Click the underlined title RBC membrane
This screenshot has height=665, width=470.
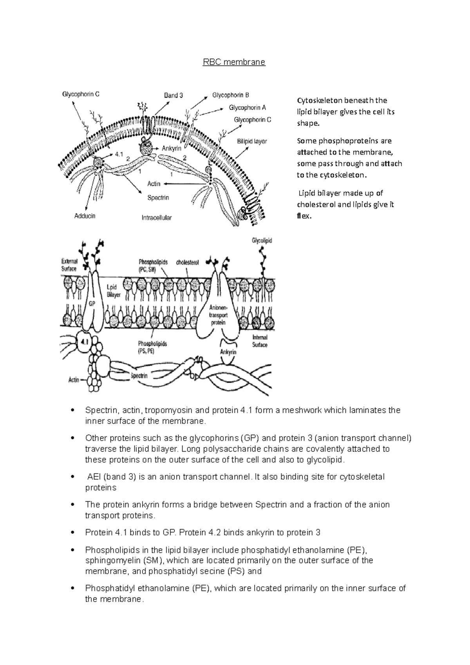point(234,62)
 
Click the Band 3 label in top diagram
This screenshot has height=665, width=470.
point(174,95)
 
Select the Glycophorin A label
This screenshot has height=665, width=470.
point(247,107)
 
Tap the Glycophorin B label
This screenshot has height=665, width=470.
point(231,95)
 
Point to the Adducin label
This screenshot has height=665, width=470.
point(85,216)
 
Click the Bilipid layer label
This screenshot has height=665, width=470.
point(252,141)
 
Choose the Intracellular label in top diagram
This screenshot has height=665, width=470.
point(157,217)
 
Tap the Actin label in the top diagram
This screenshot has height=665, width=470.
point(154,183)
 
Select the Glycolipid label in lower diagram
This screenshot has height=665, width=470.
point(262,241)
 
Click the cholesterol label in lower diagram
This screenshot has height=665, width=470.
point(188,263)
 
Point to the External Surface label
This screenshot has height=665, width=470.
point(69,265)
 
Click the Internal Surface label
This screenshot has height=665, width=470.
point(260,341)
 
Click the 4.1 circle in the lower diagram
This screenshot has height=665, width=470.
point(85,341)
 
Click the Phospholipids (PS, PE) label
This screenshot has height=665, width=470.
point(152,347)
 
